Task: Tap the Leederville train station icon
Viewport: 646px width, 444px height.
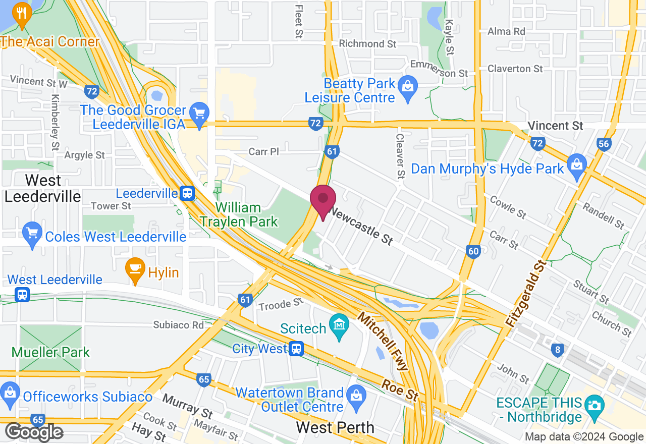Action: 187,193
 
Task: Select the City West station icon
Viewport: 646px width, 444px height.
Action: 296,349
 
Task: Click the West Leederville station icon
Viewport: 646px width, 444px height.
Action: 22,294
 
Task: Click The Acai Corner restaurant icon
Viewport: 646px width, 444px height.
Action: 21,13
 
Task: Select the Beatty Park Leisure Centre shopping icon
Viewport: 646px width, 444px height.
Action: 406,87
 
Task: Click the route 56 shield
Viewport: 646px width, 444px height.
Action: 604,144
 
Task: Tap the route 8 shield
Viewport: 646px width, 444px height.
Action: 557,350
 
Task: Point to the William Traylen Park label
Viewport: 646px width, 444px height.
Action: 238,214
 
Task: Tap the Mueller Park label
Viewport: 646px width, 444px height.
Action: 50,352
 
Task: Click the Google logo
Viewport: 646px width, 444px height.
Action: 34,432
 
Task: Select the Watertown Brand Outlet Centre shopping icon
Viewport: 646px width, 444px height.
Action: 356,394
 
